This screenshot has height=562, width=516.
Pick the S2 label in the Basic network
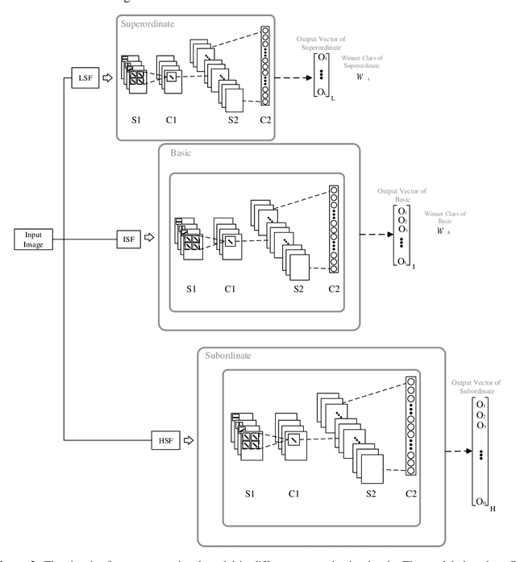coord(299,288)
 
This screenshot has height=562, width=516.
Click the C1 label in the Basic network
coord(228,288)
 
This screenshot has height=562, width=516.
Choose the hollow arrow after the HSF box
coord(189,440)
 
